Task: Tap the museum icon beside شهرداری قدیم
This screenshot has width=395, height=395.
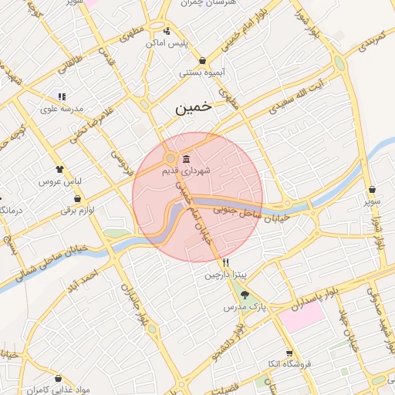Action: [x=185, y=160]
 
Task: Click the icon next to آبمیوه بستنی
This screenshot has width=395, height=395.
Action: [x=202, y=60]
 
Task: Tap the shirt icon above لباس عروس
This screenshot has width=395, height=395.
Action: [x=59, y=169]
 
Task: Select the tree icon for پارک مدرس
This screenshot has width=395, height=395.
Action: [x=245, y=295]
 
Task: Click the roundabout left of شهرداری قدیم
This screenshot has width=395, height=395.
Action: [x=170, y=160]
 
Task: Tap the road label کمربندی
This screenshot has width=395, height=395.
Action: [x=370, y=42]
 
